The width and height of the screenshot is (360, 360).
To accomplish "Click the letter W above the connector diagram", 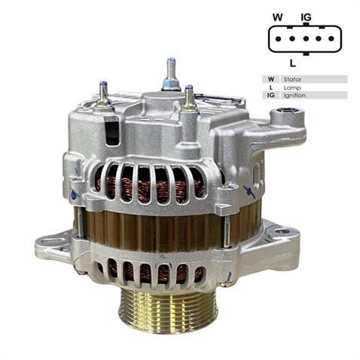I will [x=278, y=17].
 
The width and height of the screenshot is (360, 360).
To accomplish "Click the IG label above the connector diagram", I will [x=306, y=17].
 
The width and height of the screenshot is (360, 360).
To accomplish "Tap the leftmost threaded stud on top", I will [x=104, y=91].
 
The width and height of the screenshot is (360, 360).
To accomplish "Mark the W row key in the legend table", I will [x=270, y=79].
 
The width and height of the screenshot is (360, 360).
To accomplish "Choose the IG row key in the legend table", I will [x=270, y=96].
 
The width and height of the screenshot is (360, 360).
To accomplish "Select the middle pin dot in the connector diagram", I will [x=304, y=38].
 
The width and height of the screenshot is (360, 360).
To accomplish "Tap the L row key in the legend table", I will [x=270, y=87].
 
